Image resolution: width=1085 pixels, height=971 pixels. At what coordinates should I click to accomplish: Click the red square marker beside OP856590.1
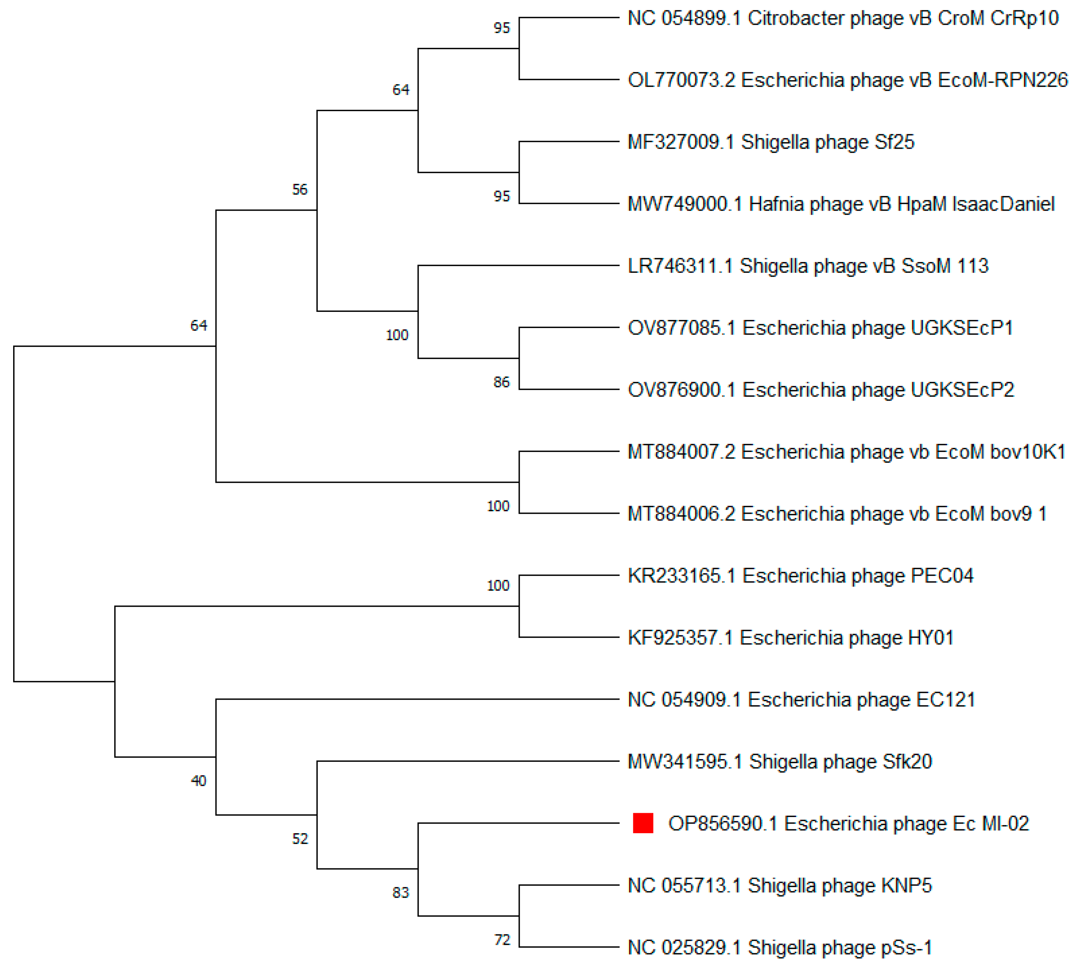[643, 823]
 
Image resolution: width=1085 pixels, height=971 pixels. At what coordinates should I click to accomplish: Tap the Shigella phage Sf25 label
[771, 142]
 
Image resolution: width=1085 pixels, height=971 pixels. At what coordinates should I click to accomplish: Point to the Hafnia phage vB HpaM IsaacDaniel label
[841, 204]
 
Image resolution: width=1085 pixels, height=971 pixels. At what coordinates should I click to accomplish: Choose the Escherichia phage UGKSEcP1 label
[820, 328]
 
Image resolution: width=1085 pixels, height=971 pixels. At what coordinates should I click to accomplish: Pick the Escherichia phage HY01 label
[790, 638]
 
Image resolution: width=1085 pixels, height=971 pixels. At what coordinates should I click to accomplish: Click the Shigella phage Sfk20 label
[780, 762]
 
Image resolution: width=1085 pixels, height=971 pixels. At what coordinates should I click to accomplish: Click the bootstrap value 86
[501, 382]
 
